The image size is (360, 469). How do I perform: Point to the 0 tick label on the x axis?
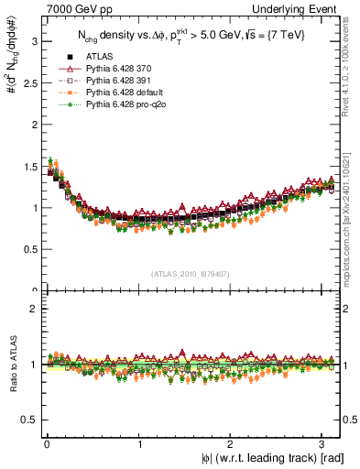tap(47, 444)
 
